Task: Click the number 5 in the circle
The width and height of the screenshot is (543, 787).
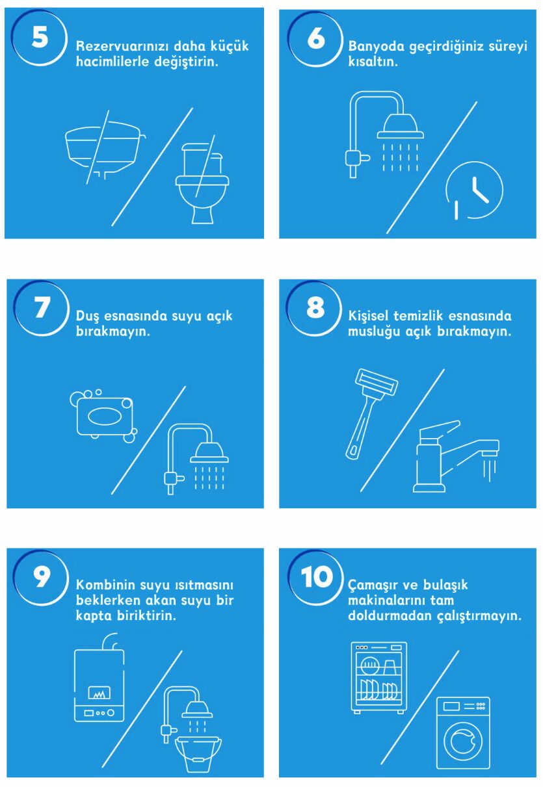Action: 40,37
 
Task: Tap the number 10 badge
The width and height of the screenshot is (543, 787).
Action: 317,576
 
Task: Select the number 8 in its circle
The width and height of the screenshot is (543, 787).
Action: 315,307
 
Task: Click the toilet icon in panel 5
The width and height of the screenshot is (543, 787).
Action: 202,183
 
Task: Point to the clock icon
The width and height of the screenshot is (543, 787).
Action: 474,190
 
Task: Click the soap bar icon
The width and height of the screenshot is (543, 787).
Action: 104,416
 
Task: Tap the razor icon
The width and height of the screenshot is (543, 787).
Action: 371,414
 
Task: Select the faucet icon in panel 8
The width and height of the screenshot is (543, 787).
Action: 456,456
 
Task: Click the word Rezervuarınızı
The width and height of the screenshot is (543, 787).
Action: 122,46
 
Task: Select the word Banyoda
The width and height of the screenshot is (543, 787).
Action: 376,47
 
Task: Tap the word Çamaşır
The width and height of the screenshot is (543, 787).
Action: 372,586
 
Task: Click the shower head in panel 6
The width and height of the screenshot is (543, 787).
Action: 401,126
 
